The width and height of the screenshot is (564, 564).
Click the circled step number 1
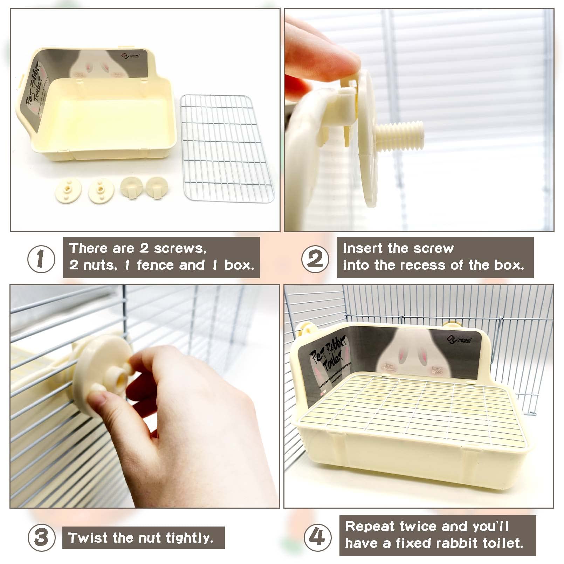(x=41, y=259)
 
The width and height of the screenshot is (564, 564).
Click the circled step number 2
(x=315, y=259)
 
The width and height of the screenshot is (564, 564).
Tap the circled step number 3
(x=41, y=537)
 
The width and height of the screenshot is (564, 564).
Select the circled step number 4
(x=317, y=537)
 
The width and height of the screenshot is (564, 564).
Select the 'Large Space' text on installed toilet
(x=437, y=370)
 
